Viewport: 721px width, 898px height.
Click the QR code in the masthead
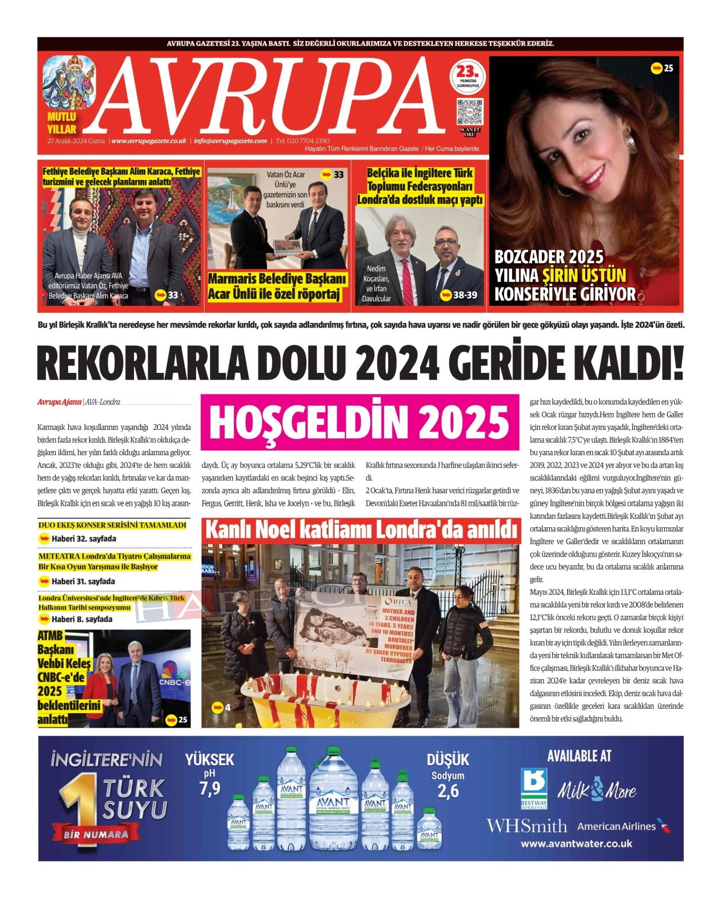pos(469,111)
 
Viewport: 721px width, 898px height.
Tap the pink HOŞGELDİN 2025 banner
pos(359,423)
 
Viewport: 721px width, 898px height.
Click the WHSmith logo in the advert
pos(527,826)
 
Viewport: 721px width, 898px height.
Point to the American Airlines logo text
pos(617,826)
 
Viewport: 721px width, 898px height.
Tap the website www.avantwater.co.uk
pos(576,844)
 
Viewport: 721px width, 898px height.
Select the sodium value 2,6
pos(448,792)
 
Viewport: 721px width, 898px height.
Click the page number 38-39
pos(465,295)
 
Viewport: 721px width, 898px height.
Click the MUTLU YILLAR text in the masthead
pos(61,123)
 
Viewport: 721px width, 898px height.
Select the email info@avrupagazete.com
pos(230,141)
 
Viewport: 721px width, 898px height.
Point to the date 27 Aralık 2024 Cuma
pos(76,141)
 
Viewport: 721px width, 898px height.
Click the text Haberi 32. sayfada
pos(83,539)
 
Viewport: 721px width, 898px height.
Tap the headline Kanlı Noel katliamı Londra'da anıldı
pos(361,531)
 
